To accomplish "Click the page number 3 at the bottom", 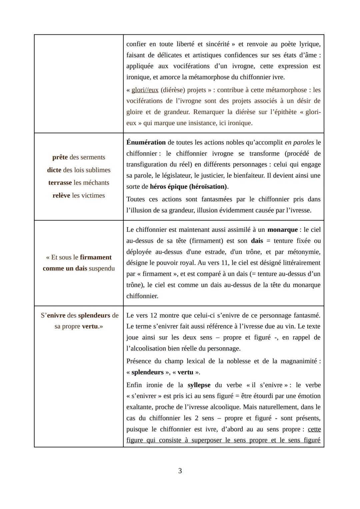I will tap(180, 471).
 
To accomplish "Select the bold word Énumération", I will tap(146, 142).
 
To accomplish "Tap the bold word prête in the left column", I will tap(60, 157).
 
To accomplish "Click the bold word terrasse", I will tap(60, 183).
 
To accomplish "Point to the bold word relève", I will tap(61, 196).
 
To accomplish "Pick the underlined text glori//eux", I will tap(145, 90).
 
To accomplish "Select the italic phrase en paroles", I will tap(299, 142).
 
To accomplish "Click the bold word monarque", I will tap(282, 230).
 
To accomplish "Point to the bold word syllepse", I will tap(199, 385).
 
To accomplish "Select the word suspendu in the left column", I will tap(102, 268).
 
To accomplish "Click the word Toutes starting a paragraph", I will tap(136, 199).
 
